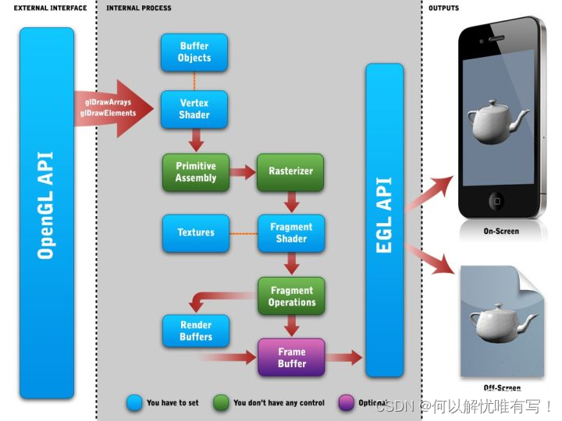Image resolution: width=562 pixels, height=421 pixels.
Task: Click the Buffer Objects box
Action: click(x=194, y=52)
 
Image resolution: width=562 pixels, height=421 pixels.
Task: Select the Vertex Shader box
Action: click(x=194, y=109)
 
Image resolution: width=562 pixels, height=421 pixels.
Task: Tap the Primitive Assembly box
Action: click(x=195, y=172)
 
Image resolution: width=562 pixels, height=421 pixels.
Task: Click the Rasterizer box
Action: click(x=290, y=172)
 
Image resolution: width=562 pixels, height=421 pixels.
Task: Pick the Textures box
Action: click(x=195, y=232)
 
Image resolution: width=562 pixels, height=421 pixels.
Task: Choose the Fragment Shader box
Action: click(x=290, y=233)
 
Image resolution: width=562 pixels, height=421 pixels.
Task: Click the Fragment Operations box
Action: click(x=291, y=296)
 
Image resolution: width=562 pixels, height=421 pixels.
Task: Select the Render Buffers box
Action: click(x=195, y=331)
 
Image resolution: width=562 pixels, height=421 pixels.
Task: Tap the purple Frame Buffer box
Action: click(x=291, y=358)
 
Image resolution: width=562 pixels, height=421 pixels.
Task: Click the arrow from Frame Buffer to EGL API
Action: click(x=343, y=358)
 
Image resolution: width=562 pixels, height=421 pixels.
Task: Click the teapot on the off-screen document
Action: click(x=500, y=320)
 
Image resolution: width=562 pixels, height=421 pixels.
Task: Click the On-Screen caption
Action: click(x=501, y=232)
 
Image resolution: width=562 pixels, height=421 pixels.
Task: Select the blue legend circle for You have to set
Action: click(x=134, y=402)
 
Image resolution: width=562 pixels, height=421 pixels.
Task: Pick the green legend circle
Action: click(x=221, y=402)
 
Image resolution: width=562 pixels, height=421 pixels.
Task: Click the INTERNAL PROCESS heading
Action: click(x=139, y=8)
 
